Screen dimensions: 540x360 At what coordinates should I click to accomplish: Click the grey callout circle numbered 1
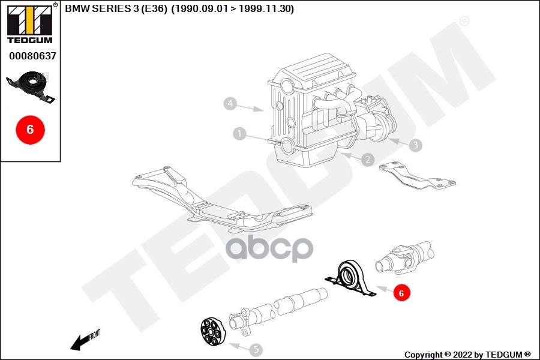[240, 134]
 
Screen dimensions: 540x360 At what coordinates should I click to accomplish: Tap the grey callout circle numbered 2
[367, 160]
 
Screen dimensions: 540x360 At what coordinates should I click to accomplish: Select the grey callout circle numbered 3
[416, 145]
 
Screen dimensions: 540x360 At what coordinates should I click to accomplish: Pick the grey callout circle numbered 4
[230, 104]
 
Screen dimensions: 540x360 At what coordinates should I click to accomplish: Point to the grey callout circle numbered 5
[256, 349]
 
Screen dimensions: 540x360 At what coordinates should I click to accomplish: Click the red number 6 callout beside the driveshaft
[402, 293]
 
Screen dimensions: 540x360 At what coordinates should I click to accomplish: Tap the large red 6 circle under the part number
[30, 128]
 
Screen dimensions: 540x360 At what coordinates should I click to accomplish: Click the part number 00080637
[32, 56]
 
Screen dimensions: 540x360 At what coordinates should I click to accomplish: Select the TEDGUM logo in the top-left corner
[29, 23]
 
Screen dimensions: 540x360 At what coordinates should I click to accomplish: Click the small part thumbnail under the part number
[31, 86]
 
